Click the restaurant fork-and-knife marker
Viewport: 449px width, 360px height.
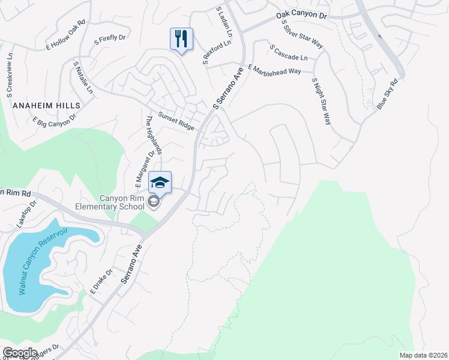181,39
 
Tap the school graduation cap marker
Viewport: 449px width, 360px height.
160,182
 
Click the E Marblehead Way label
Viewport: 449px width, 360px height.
274,69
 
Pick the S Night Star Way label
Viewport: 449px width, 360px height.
321,100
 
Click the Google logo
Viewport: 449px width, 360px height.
20,353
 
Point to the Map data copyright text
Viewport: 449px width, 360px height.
423,355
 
